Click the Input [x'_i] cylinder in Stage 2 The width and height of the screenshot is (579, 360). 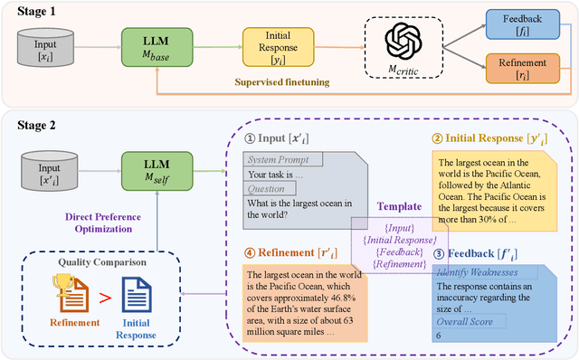[x=49, y=167]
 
